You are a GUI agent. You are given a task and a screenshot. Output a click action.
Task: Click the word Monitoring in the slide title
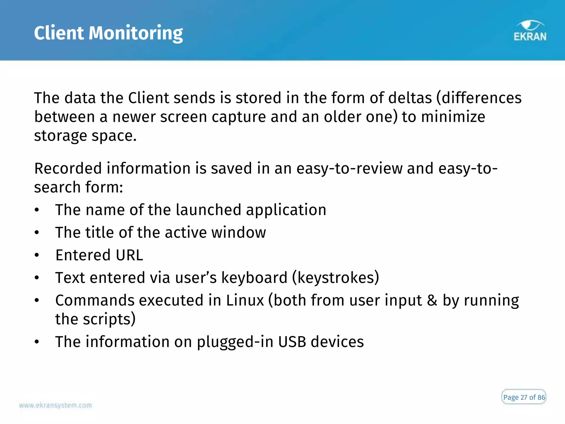[135, 33]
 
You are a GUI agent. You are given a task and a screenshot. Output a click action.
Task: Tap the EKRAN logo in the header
[530, 31]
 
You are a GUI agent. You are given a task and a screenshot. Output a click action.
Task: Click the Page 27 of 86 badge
[524, 397]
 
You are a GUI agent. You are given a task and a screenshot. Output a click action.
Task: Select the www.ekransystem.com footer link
[55, 405]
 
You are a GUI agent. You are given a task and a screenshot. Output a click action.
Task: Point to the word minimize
[453, 117]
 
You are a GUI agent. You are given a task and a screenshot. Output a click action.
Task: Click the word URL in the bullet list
[129, 255]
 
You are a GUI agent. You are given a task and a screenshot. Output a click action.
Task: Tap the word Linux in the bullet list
[245, 300]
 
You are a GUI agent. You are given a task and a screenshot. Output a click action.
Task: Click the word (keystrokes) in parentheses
[335, 278]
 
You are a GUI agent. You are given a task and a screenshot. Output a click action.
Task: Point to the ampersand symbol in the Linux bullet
[432, 300]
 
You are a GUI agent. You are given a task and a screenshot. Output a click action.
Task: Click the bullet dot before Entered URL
[37, 255]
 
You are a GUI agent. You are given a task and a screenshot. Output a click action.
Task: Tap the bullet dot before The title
[37, 233]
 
